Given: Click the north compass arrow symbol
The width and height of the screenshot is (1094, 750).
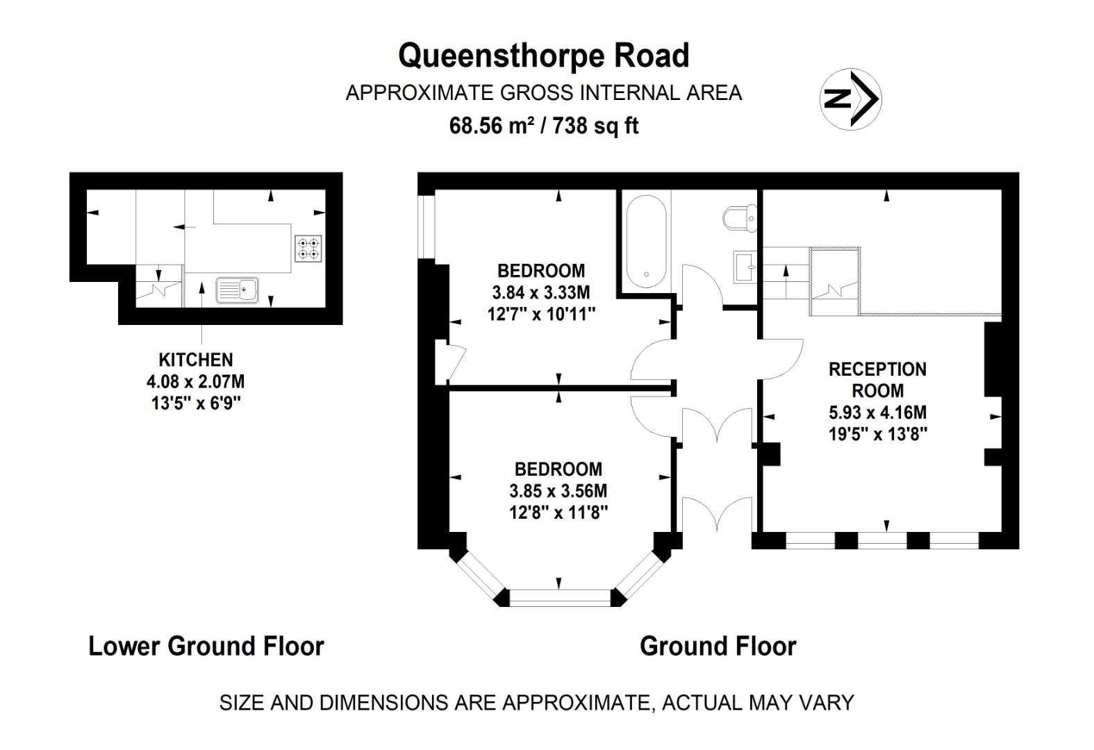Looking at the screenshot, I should point(852,99).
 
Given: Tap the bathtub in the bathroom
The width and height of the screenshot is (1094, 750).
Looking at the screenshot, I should point(646,241).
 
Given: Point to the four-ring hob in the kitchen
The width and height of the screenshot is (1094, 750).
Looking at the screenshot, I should point(309,249).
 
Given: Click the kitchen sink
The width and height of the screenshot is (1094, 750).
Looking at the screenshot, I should point(237,290).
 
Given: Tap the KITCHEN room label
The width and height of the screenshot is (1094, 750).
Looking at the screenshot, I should point(196,360).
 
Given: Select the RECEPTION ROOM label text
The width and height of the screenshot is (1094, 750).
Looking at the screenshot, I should point(877,379).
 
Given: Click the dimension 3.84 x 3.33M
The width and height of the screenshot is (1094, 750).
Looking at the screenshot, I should point(541,292).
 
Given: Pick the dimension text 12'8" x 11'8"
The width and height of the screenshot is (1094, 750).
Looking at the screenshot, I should point(558,512).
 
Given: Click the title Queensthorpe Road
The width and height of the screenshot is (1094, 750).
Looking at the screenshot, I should point(543,56).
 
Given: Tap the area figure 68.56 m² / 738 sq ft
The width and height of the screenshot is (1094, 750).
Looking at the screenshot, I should point(544,126).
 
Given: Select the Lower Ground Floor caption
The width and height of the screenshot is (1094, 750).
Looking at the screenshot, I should point(206,646).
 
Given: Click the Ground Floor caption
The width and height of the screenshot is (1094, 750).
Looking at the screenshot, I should point(718,646).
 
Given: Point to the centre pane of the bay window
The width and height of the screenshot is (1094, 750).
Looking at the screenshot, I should point(559,597).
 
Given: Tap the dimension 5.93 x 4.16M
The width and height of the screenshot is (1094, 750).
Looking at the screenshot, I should point(877,412).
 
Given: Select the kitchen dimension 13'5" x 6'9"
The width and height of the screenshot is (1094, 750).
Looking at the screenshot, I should point(196,403).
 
